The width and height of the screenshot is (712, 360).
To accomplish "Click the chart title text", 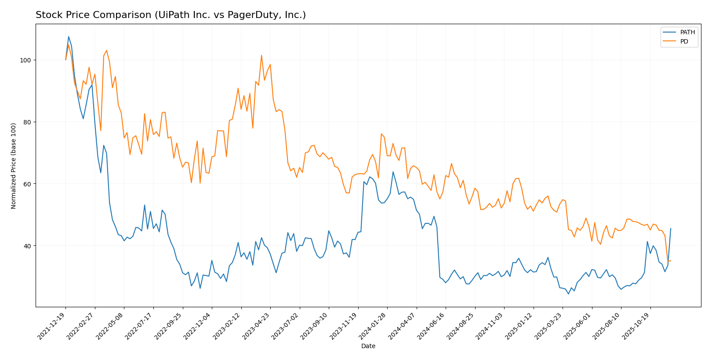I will coord(171,15).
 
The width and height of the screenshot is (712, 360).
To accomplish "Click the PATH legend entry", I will coord(687,32).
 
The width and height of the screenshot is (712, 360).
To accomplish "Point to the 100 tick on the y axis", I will coord(26,60).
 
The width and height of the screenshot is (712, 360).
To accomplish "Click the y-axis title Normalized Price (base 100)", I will coord(14,166).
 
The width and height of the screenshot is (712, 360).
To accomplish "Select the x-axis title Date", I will coord(368,346).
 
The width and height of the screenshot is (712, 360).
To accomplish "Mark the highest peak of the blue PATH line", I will coord(69,36).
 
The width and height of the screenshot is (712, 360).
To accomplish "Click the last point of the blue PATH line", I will coord(670,229).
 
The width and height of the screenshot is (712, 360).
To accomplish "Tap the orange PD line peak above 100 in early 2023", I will coord(262,55).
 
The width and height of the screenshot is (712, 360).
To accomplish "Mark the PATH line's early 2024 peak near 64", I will coord(393,172).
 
